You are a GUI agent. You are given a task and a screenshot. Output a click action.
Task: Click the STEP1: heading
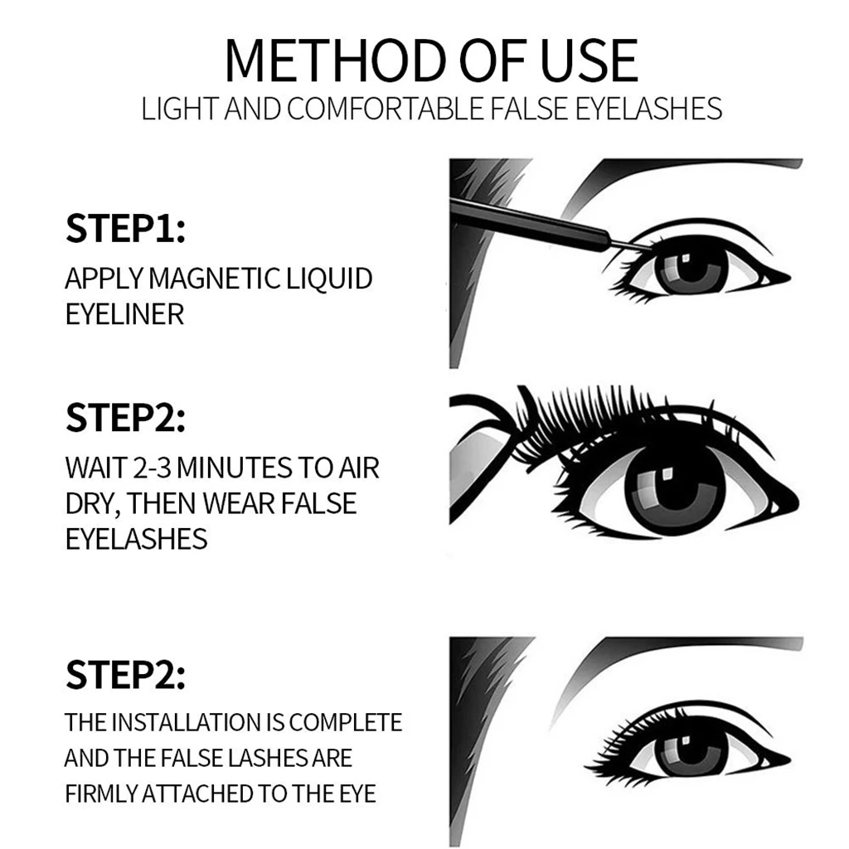(125, 230)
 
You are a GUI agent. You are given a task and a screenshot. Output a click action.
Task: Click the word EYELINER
(124, 315)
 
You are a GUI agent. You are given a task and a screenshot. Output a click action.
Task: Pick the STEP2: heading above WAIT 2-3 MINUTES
(125, 419)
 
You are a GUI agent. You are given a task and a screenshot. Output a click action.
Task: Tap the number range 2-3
(150, 468)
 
